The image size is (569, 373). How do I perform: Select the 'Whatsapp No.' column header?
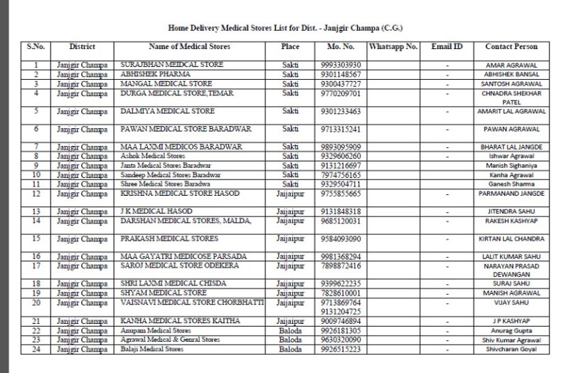coord(393,47)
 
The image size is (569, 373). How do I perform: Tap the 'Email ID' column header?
coord(447,47)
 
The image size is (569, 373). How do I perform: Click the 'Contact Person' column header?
coord(511,47)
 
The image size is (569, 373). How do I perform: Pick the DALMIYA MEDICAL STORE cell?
coord(157,112)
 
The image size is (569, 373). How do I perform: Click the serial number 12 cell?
coord(36,193)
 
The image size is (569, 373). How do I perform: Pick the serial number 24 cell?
coord(36,350)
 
